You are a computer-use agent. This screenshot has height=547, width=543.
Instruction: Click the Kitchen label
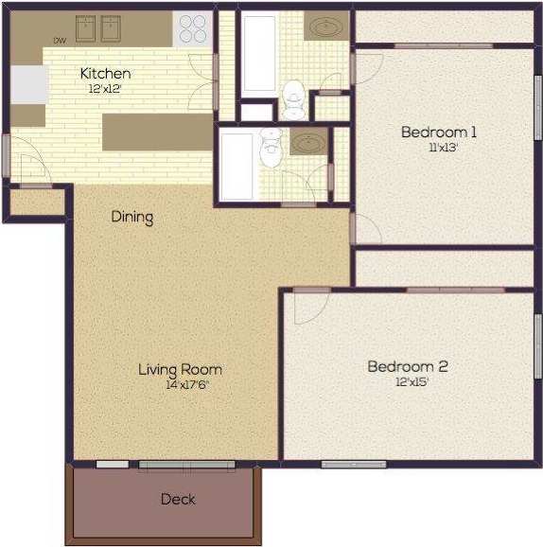click(105, 74)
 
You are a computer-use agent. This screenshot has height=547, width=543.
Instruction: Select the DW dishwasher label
click(59, 41)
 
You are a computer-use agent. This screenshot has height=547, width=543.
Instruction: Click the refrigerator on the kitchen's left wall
click(27, 83)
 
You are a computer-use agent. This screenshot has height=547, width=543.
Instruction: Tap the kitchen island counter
click(156, 131)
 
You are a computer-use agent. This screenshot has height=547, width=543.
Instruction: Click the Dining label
click(132, 217)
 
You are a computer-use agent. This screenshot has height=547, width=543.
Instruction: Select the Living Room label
click(179, 369)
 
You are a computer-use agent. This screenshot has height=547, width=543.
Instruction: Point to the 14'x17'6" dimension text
click(179, 384)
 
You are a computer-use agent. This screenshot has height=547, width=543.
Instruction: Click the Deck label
click(177, 499)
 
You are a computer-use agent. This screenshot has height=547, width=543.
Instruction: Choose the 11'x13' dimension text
click(437, 147)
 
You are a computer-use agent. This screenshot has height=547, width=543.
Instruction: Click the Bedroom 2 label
click(407, 366)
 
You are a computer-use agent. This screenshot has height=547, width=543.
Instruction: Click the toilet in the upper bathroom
click(294, 97)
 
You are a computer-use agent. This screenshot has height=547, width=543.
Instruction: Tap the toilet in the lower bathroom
click(272, 144)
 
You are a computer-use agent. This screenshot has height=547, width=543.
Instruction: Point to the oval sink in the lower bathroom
click(307, 143)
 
